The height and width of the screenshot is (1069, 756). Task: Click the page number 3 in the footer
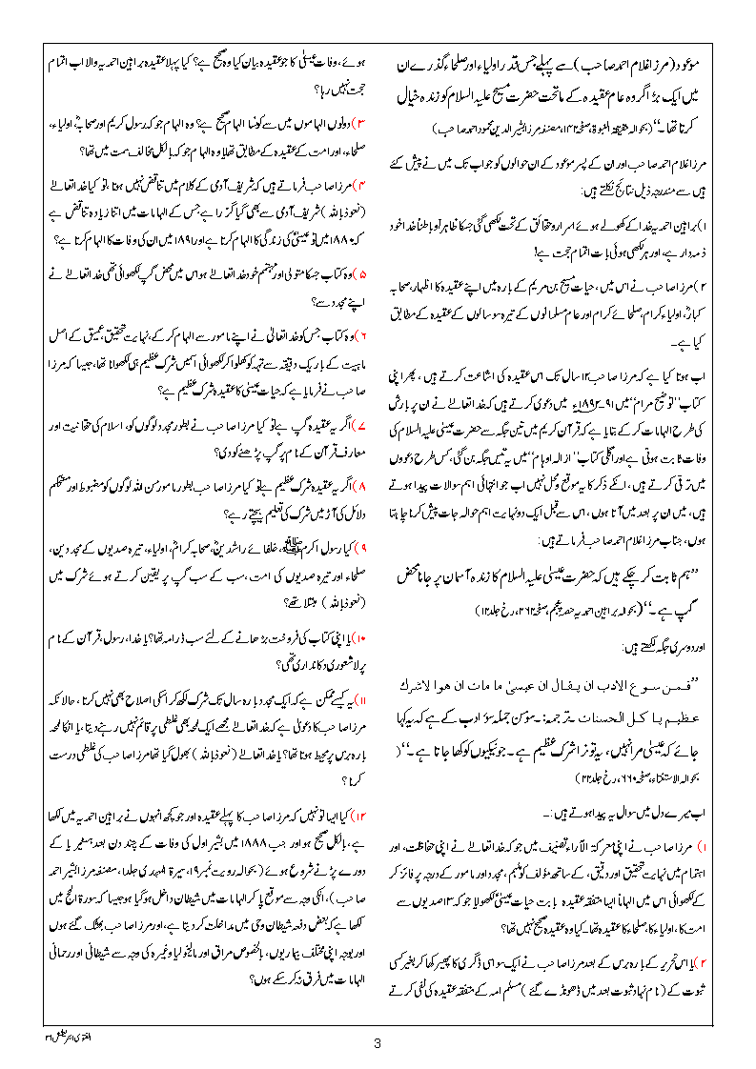click(378, 1042)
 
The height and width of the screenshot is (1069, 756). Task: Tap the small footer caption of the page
click(42, 1029)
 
